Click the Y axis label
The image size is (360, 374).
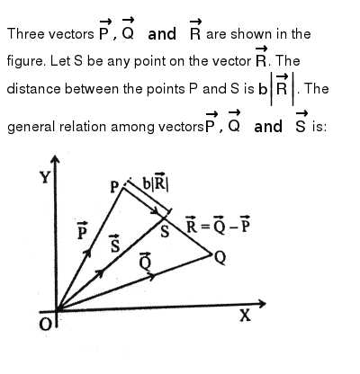point(46,177)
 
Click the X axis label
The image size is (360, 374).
point(245,316)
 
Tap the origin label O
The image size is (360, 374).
point(45,324)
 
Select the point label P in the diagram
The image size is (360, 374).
point(115,187)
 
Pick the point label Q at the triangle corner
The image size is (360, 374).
point(220,258)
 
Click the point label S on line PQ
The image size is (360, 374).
point(165,232)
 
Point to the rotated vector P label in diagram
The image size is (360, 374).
point(82,231)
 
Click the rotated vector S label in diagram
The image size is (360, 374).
point(115,243)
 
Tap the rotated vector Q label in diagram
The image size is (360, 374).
point(145,261)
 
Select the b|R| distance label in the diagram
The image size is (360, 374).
point(156,182)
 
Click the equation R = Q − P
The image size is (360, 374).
point(218,225)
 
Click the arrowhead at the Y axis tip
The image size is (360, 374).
point(55,159)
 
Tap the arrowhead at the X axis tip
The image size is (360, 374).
point(262,304)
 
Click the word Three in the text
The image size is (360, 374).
point(26,33)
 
